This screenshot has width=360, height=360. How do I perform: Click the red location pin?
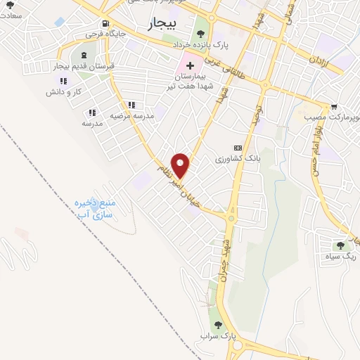click(x=181, y=165)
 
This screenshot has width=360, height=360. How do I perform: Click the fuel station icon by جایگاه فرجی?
click(x=105, y=22)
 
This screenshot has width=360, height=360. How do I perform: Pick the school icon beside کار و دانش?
click(x=64, y=80)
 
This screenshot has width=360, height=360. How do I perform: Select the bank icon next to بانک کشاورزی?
click(x=238, y=148)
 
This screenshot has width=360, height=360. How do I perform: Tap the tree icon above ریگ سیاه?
click(x=340, y=245)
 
